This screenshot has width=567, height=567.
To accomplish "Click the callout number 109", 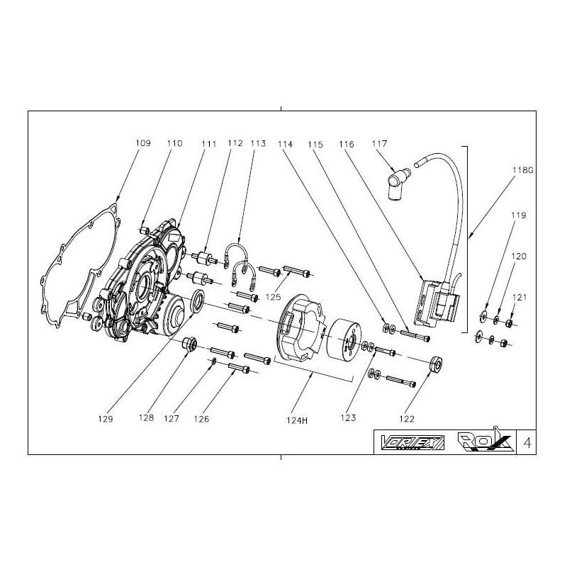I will coord(142,143).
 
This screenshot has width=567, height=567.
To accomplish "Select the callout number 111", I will coord(208,143).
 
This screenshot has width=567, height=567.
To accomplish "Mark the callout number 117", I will coord(381,143).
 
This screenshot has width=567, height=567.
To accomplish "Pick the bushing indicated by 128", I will coord(189,346).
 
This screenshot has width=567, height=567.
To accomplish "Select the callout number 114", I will coord(285,143).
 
